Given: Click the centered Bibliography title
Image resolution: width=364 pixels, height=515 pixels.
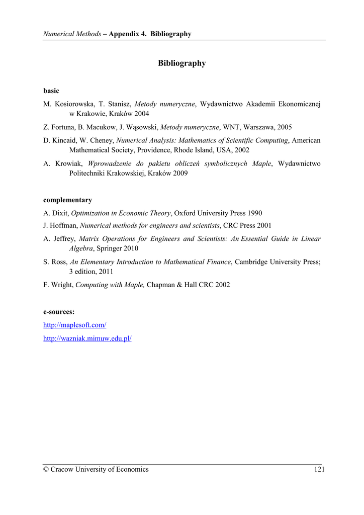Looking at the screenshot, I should [181, 63].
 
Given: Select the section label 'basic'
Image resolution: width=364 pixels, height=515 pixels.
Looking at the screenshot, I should [51, 91].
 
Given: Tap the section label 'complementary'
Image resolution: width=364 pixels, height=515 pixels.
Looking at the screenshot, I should [67, 200].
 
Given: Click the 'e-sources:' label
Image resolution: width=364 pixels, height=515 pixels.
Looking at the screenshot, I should [59, 312].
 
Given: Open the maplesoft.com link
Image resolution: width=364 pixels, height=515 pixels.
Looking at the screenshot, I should [75, 325].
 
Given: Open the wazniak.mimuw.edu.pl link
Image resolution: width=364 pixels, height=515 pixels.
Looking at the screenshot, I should [87, 338].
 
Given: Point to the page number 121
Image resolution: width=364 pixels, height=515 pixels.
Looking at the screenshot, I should [319, 469].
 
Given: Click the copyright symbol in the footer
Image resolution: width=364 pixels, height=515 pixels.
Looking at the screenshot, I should [46, 469].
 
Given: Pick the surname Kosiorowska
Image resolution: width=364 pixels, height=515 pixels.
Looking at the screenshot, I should [74, 104].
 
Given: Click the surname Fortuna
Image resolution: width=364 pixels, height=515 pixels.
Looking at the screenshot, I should [63, 128].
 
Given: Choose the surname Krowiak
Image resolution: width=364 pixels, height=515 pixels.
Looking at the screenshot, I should [69, 163].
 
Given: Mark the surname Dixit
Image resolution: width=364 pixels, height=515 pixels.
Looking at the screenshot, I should [61, 213].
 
